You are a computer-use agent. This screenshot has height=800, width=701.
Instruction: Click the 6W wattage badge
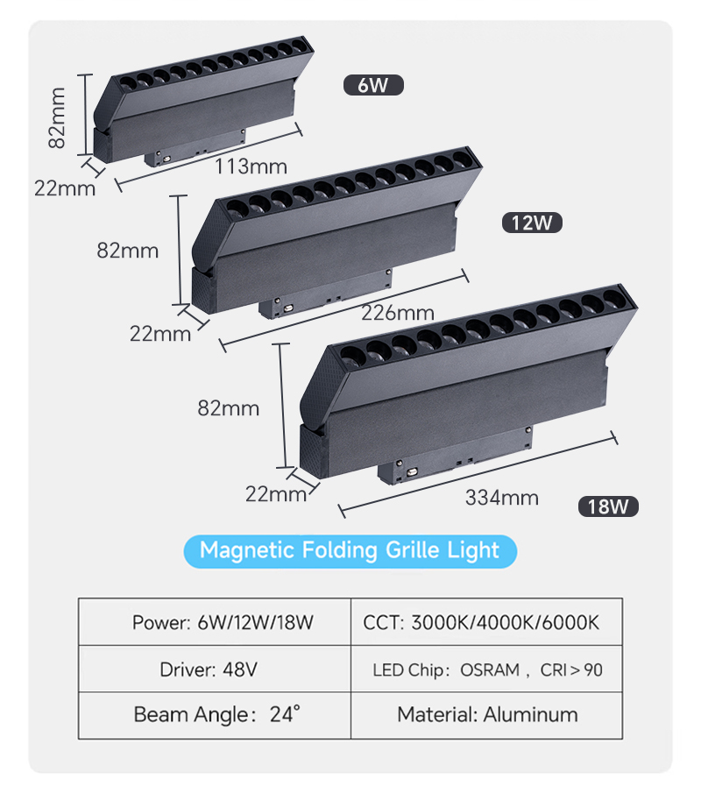tap(373, 85)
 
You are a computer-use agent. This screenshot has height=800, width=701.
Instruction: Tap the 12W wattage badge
tap(532, 223)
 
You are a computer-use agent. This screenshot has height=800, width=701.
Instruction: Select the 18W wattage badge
tap(608, 506)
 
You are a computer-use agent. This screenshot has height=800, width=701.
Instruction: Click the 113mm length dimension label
tap(251, 166)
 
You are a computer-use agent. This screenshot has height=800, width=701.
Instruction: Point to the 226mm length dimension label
tap(398, 312)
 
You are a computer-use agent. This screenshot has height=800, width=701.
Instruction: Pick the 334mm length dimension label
tap(502, 498)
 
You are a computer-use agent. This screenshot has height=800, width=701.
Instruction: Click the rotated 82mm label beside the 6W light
tap(57, 118)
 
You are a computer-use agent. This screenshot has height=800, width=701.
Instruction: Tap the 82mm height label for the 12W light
tap(128, 251)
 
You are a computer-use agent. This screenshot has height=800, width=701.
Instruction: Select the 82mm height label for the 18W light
tap(229, 408)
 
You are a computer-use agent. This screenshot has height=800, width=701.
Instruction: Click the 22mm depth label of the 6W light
tap(65, 188)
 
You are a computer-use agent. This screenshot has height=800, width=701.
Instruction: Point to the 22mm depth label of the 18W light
tap(276, 494)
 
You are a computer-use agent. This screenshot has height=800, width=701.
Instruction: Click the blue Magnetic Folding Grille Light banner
tap(350, 551)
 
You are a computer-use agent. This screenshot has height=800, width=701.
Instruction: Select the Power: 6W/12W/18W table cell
tap(215, 622)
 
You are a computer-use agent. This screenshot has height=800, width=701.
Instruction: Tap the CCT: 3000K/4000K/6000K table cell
tap(486, 622)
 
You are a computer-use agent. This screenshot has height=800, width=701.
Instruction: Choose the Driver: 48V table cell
tap(215, 669)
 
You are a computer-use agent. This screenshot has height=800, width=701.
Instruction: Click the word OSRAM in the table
tap(490, 670)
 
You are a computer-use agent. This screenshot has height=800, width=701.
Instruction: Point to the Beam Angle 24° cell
tap(215, 715)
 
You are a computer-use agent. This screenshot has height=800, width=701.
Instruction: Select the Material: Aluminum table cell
tap(486, 715)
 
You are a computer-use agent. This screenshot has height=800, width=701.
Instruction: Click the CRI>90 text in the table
tap(571, 670)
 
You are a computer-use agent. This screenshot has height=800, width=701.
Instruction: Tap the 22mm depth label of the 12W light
tap(160, 334)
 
